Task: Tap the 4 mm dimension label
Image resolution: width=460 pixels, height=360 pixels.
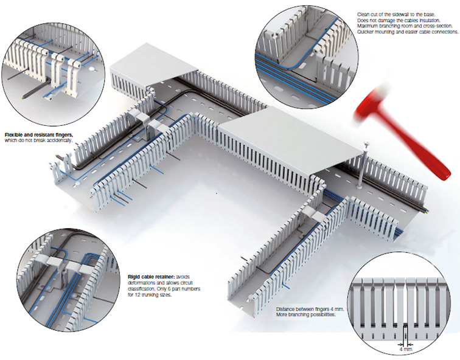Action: point(406,349)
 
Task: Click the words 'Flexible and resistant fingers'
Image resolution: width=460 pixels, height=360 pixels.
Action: point(39,135)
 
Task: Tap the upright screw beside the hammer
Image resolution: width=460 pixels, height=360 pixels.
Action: point(361,164)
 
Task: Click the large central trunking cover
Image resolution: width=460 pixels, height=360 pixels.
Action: point(290,140)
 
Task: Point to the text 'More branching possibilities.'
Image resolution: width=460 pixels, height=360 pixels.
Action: point(305,315)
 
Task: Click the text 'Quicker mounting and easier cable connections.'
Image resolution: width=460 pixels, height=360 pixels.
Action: point(408,32)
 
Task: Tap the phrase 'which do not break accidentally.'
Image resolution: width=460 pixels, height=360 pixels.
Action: point(38,140)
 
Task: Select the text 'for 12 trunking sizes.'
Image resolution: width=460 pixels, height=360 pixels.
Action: point(150,295)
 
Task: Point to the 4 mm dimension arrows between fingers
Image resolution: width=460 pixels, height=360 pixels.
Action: point(406,344)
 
